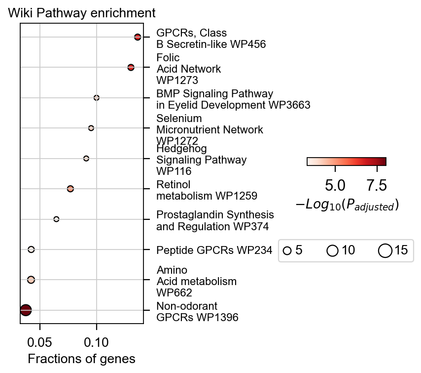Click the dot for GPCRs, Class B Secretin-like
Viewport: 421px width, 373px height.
click(x=138, y=37)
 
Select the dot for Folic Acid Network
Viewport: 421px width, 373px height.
click(x=131, y=67)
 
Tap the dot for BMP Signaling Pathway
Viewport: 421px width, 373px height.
click(x=97, y=98)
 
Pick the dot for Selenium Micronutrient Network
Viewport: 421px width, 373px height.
click(x=91, y=128)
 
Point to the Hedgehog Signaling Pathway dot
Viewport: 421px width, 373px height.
click(x=86, y=159)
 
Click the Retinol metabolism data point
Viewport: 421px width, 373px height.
click(x=70, y=189)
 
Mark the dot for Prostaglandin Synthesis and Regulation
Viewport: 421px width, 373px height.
click(x=56, y=219)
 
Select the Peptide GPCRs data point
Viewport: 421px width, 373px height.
click(x=31, y=249)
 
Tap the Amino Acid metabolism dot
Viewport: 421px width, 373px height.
click(x=31, y=280)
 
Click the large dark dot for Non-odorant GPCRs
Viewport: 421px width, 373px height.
click(x=26, y=310)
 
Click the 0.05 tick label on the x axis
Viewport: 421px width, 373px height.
click(x=40, y=341)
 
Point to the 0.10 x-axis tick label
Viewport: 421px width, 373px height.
click(x=97, y=341)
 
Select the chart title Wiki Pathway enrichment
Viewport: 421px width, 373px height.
click(x=82, y=13)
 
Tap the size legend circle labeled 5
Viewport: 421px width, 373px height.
click(x=287, y=251)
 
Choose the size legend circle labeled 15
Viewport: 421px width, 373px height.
click(x=385, y=251)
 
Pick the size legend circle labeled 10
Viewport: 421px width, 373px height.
click(x=333, y=251)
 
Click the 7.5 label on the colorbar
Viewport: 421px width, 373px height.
click(x=377, y=185)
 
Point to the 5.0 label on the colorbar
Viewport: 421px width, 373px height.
click(x=335, y=185)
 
